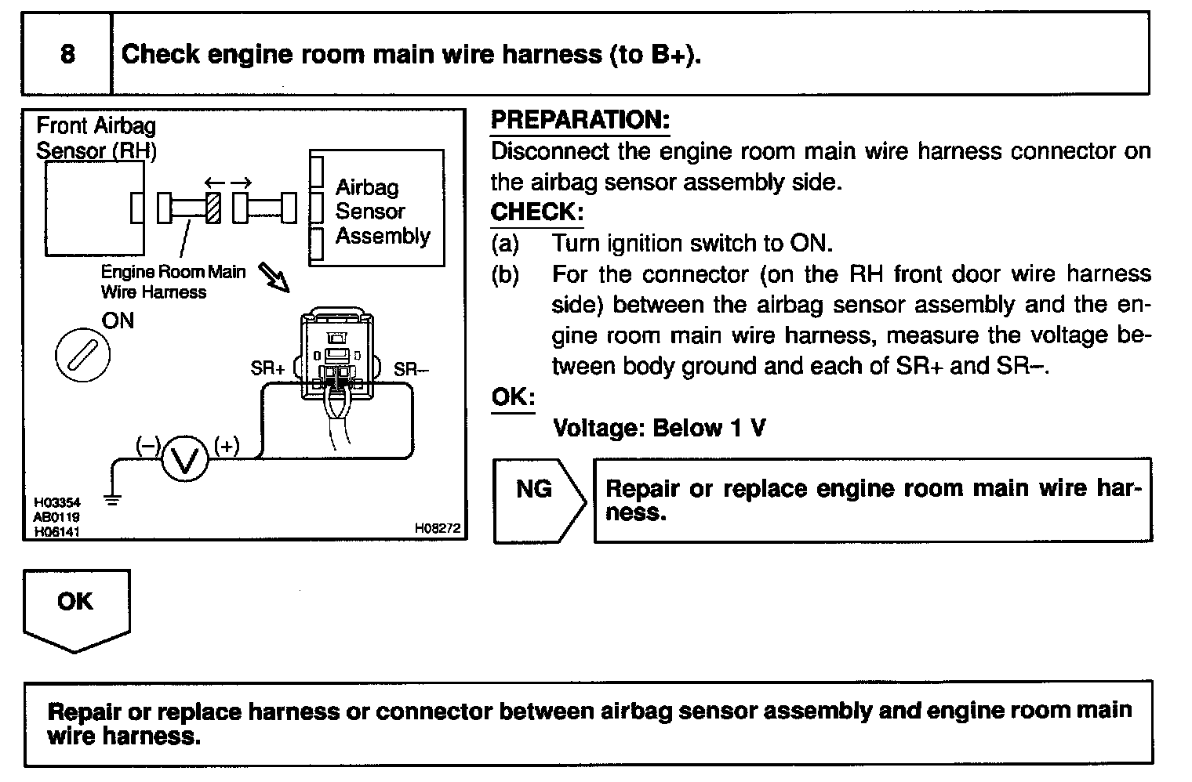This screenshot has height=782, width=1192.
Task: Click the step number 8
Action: (x=67, y=54)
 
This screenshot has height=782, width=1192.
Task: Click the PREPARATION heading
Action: (x=580, y=120)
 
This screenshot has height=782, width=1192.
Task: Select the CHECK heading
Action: (x=536, y=212)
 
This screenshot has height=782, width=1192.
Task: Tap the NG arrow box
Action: (x=538, y=499)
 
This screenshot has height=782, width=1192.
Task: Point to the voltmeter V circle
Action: (x=185, y=459)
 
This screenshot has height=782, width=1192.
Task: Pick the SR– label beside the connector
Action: (x=411, y=369)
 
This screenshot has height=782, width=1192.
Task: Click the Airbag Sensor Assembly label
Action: (x=382, y=212)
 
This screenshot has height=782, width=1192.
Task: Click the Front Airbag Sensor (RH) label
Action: (x=96, y=138)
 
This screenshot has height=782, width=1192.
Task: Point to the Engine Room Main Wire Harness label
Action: (x=173, y=282)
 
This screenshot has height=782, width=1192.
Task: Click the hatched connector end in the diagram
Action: (x=213, y=208)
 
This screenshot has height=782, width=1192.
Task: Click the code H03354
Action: (x=56, y=502)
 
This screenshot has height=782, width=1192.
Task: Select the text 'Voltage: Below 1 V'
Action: (x=659, y=428)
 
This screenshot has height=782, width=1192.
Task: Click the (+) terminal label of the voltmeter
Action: (x=227, y=446)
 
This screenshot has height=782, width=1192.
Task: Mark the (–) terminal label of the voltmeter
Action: (x=147, y=446)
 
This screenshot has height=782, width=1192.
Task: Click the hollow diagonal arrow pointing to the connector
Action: (x=274, y=276)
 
